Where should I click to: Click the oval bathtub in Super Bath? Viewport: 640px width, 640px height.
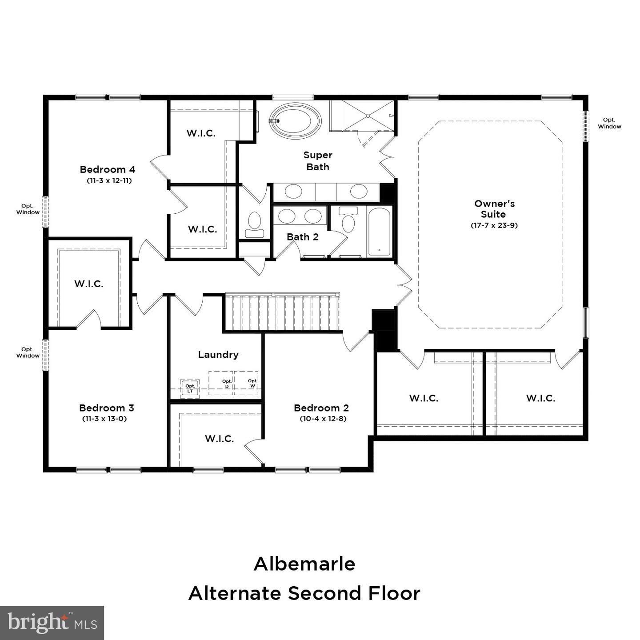[295, 120]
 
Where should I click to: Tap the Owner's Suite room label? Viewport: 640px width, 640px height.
[494, 209]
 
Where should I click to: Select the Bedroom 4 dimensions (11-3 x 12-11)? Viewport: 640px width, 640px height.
[109, 181]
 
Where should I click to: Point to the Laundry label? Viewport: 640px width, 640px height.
[218, 355]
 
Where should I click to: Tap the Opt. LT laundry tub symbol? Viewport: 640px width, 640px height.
[190, 388]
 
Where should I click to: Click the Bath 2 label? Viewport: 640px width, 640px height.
[303, 237]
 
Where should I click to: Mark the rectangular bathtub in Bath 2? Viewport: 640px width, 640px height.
[379, 232]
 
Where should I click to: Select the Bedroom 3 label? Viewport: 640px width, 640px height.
[107, 408]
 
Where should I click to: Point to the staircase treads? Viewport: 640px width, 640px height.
[282, 313]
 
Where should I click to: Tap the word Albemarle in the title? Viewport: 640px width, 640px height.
[304, 564]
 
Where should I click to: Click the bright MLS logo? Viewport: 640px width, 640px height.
[52, 623]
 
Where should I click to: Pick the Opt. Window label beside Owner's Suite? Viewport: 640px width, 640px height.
[609, 123]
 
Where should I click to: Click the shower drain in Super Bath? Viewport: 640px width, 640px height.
[368, 116]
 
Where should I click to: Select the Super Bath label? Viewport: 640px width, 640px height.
[318, 161]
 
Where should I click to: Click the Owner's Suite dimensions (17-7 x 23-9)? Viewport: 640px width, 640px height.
[494, 225]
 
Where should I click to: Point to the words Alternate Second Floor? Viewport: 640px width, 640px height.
[304, 593]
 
